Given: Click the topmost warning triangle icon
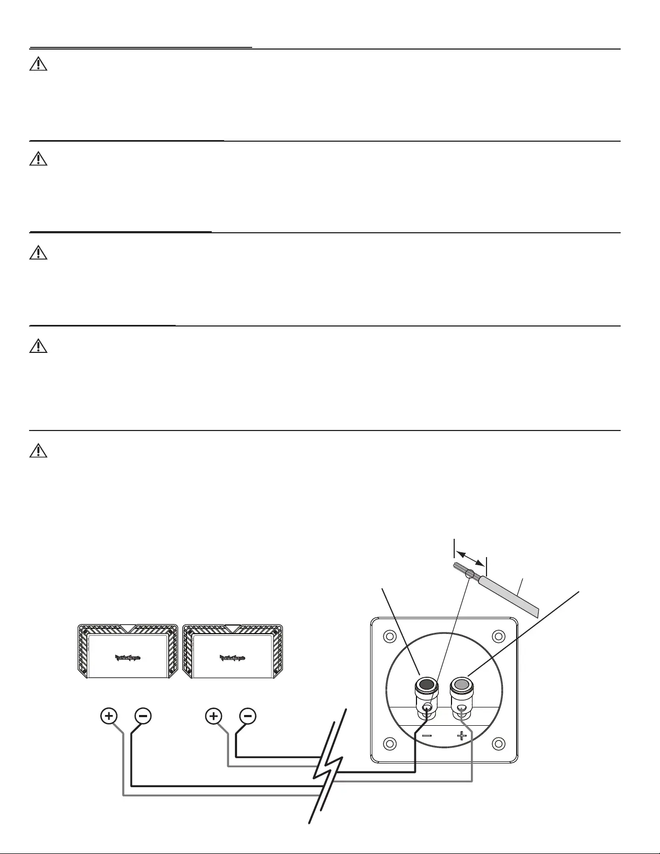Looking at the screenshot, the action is [38, 65].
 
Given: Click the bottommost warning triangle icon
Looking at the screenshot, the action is [38, 450].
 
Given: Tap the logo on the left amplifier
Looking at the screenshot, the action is [128, 657].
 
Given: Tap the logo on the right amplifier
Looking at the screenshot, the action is [232, 657].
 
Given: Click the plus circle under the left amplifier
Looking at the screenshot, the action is [109, 716].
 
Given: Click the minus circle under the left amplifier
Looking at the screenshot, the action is [143, 716].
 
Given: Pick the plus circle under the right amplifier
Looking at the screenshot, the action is [214, 716].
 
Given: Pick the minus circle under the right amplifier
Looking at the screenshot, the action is [247, 716].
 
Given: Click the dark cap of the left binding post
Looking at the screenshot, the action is [426, 685].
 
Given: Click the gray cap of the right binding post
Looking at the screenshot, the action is [461, 685].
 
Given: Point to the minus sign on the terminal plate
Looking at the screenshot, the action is [427, 735].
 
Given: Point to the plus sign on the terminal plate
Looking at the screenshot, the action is [462, 735].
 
